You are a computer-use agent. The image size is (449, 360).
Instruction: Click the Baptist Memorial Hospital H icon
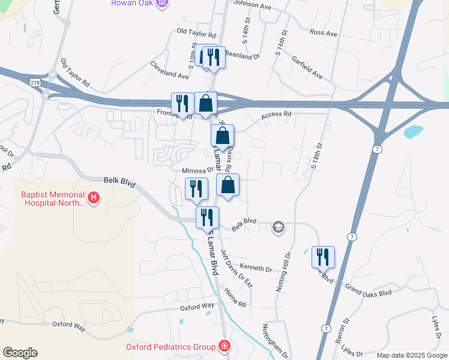tap(93, 197)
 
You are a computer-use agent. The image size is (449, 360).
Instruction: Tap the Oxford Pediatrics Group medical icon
tap(224, 347)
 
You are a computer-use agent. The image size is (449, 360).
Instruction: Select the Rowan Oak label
tap(133, 4)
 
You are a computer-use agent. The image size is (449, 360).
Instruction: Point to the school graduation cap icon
tap(278, 227)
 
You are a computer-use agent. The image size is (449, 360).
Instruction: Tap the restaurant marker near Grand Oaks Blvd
tap(323, 257)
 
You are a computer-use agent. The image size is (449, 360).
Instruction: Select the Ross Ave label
tap(323, 33)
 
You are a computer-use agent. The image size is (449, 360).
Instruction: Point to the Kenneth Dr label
tap(256, 266)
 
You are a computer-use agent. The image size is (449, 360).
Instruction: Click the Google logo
tap(20, 353)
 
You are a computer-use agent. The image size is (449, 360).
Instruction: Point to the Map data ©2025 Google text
tap(411, 355)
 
